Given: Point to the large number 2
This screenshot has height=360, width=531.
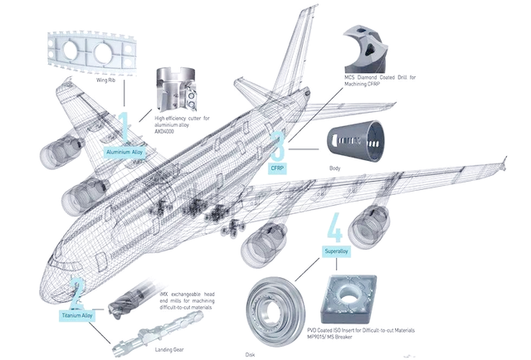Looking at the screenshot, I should click(x=77, y=292).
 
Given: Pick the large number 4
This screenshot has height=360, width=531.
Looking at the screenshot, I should click(x=335, y=227).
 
